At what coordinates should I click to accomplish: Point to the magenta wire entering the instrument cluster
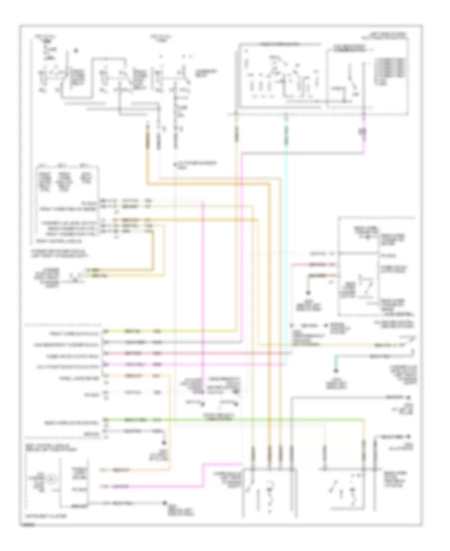pyautogui.click(x=150, y=486)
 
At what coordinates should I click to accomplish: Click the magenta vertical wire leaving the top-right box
pyautogui.click(x=363, y=145)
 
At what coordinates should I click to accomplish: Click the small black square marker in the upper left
pyautogui.click(x=75, y=51)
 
